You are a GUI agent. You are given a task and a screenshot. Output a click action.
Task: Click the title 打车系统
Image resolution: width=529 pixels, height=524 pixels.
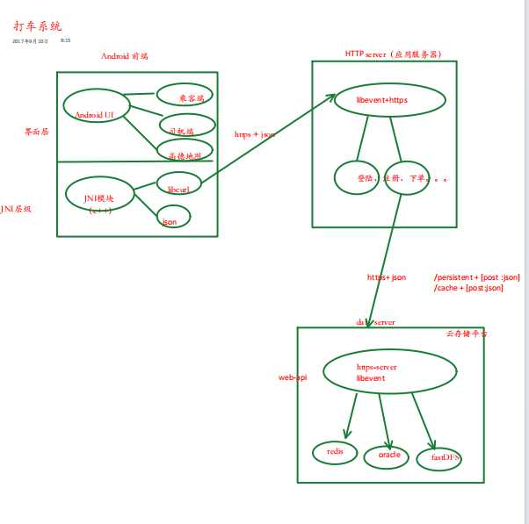(x=38, y=27)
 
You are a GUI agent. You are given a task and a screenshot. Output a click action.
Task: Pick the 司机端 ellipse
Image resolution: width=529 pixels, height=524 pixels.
(x=187, y=127)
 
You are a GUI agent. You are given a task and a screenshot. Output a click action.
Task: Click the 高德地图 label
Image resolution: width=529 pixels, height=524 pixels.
(x=185, y=155)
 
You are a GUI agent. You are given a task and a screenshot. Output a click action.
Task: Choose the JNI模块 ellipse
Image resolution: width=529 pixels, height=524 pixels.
(x=99, y=195)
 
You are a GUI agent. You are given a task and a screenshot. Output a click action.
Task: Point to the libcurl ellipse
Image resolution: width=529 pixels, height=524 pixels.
(x=179, y=186)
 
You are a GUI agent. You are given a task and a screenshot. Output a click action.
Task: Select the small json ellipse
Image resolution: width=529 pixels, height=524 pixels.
(x=172, y=217)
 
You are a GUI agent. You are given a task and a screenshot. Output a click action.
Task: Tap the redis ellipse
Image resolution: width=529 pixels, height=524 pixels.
(x=336, y=451)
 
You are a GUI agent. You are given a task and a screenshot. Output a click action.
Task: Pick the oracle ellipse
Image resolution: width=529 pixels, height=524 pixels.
(x=388, y=455)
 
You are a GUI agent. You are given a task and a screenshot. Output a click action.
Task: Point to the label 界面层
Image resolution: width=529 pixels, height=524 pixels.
(x=37, y=132)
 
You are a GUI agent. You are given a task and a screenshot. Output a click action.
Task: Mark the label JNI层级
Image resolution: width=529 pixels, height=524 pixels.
(x=16, y=209)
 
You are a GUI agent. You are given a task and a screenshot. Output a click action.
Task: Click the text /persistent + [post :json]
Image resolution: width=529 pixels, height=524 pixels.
(x=476, y=277)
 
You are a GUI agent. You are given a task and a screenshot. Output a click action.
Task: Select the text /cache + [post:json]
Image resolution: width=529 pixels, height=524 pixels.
(x=468, y=288)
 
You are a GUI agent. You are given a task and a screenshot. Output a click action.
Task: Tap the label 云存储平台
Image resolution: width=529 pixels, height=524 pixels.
(x=467, y=334)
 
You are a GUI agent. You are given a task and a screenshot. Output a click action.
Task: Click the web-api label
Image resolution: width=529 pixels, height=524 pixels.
(x=293, y=377)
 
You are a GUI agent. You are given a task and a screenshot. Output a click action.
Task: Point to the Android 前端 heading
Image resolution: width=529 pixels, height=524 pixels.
(x=125, y=56)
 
